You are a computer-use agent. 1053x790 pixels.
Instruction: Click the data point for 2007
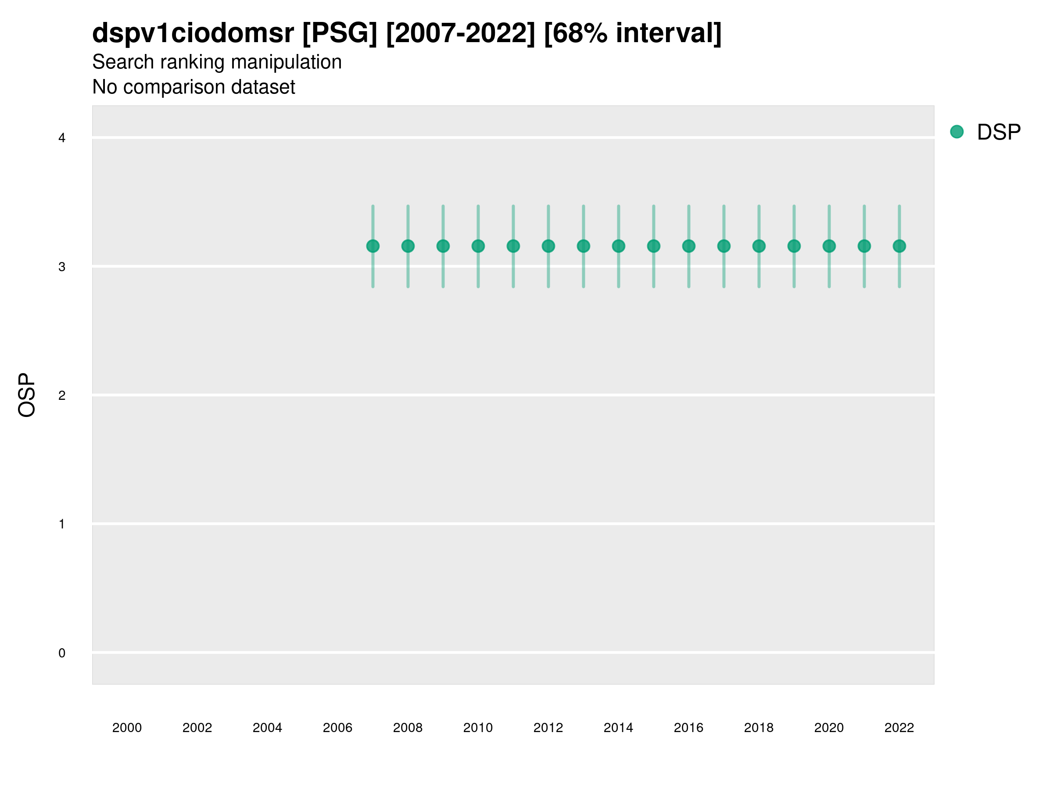tap(373, 246)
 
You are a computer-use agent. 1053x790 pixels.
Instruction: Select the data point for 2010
tap(478, 246)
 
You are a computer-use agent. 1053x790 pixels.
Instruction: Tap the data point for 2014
tap(618, 246)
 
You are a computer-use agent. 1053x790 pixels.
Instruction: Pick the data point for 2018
tap(759, 246)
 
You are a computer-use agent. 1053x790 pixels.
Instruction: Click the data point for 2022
tap(899, 246)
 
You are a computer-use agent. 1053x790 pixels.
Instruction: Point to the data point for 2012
tap(548, 246)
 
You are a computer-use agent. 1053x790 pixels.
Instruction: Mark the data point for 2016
tap(689, 246)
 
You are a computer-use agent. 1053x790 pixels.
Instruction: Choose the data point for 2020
tap(829, 246)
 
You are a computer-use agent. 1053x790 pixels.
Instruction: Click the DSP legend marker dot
tap(957, 132)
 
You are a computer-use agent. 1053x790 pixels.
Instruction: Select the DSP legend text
tap(999, 133)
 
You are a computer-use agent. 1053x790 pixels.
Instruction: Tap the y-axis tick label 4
tap(62, 138)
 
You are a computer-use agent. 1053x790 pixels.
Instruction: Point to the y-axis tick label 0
tap(62, 653)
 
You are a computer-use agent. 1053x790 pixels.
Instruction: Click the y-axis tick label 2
tap(62, 396)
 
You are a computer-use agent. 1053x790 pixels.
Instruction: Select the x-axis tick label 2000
tap(127, 728)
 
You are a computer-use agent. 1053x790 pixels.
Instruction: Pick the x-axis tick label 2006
tap(337, 728)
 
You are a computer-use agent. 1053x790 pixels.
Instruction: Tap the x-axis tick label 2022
tap(899, 728)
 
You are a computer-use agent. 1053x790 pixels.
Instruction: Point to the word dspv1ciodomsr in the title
tap(193, 33)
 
